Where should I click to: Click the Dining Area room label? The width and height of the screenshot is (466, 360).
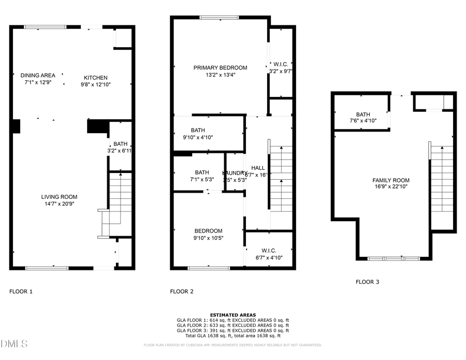[38, 75]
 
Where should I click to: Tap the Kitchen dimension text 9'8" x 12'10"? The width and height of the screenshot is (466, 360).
[96, 84]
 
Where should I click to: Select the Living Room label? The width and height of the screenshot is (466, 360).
[60, 196]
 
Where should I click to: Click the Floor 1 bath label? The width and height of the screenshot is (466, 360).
[120, 144]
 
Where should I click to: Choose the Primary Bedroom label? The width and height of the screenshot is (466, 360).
[220, 67]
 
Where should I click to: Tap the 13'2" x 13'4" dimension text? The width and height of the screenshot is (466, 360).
[220, 75]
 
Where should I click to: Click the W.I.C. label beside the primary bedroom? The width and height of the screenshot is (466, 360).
[281, 64]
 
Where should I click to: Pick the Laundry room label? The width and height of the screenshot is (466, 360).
[235, 173]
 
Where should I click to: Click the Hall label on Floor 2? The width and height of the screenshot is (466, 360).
[258, 168]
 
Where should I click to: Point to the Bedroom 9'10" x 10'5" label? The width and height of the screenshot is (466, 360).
[208, 231]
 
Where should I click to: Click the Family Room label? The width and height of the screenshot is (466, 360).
[391, 180]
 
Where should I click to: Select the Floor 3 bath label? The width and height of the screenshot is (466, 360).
[363, 114]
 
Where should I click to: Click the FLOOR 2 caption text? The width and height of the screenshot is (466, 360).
[182, 292]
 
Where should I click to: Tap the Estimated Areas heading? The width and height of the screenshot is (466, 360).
[232, 315]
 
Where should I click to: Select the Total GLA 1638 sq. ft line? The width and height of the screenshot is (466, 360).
[232, 336]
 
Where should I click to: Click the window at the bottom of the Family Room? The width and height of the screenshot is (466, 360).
[394, 258]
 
